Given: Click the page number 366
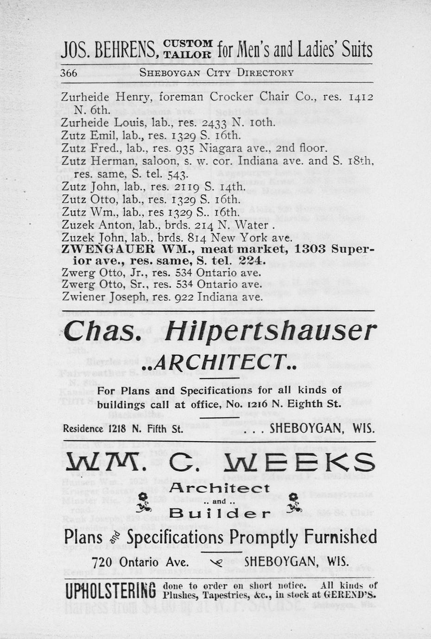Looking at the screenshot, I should point(69,73).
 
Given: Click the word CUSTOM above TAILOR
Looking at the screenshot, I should point(188,44).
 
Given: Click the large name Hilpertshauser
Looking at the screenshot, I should point(270,332).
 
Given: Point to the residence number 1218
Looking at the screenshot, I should point(118,428).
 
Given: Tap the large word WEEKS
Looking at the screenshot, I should point(299,461).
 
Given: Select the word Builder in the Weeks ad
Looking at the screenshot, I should point(220,513).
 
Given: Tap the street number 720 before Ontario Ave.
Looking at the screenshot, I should point(104,562).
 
